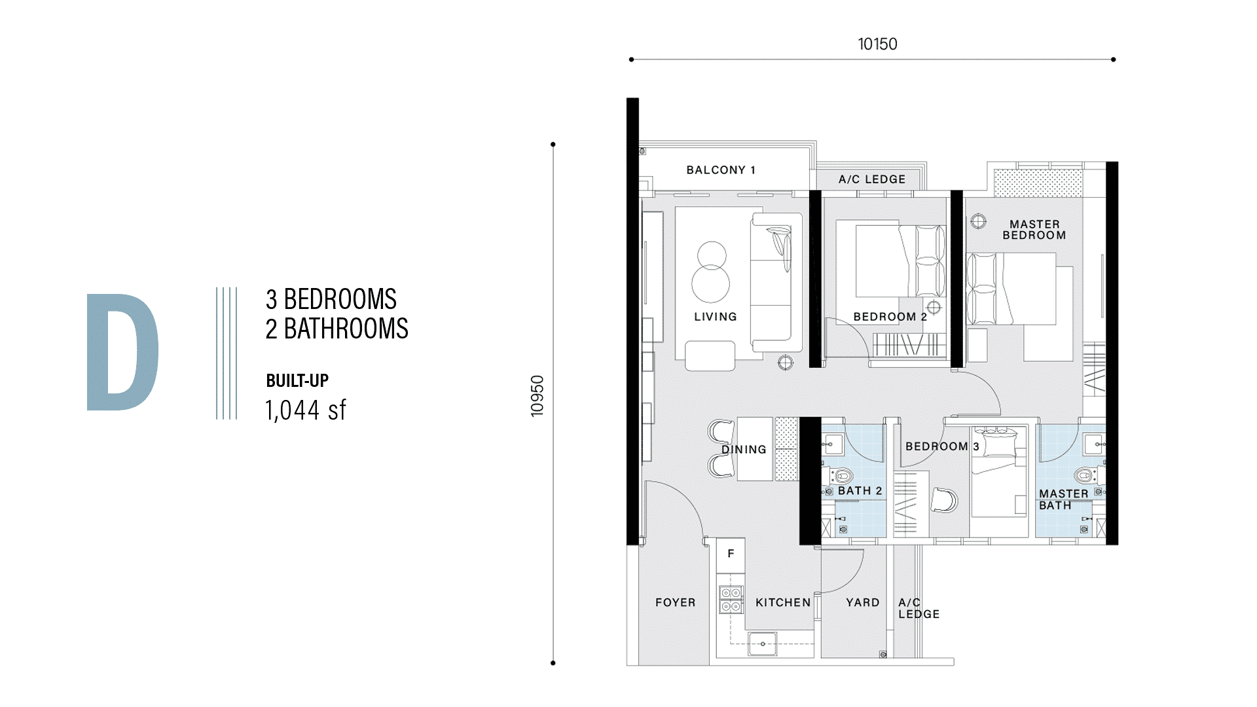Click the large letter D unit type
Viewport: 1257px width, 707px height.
coord(122,352)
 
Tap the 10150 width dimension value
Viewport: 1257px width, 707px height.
coord(877,44)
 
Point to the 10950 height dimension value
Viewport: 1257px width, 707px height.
coord(537,395)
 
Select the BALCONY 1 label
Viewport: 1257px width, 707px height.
coord(721,170)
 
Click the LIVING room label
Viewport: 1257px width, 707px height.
coord(716,316)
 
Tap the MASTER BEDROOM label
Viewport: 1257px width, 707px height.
coord(1034,230)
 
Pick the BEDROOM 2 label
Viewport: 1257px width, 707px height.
coord(890,316)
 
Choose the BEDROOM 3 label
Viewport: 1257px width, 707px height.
coord(942,446)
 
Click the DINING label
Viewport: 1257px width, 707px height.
coord(744,449)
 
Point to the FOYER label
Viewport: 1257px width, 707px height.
coord(676,602)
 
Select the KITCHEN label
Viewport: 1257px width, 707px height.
coord(783,602)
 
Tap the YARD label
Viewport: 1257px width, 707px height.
coord(863,602)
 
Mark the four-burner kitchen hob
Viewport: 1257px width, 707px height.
coord(731,600)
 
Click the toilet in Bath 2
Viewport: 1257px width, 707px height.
coord(842,476)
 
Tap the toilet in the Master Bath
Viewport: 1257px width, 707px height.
coord(1085,475)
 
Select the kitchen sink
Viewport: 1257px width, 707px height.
coord(763,644)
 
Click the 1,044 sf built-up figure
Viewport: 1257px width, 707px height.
coord(306,410)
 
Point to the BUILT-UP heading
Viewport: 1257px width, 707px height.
coord(297,380)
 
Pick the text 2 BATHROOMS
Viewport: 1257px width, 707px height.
coord(337,329)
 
